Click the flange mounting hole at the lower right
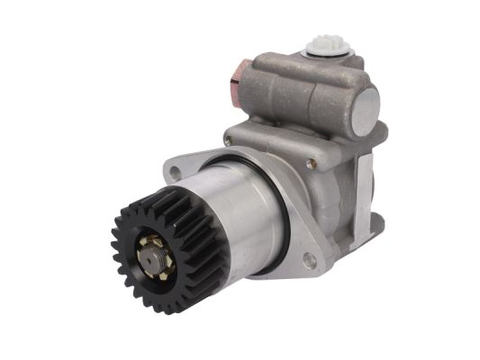pyautogui.click(x=309, y=261)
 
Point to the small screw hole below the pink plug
pyautogui.click(x=229, y=140)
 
